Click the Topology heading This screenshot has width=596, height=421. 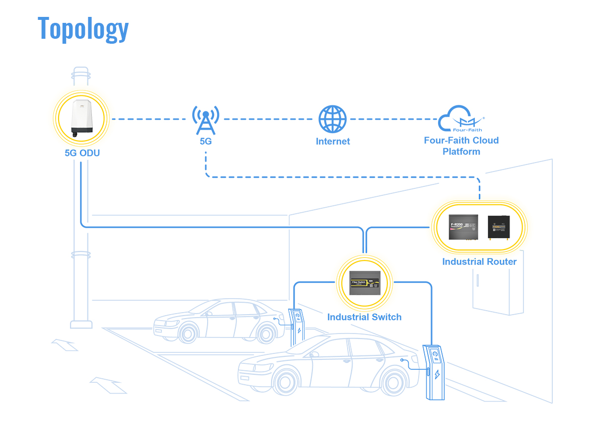(x=83, y=28)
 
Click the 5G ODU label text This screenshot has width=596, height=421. (x=82, y=153)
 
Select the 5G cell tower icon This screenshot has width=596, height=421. (x=206, y=120)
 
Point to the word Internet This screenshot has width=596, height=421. (x=333, y=142)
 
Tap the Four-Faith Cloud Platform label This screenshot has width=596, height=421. (x=461, y=146)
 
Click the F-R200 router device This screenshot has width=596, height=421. (x=463, y=227)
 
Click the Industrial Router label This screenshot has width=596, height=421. (x=479, y=261)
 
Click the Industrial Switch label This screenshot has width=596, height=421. (x=364, y=317)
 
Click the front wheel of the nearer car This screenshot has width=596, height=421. (x=285, y=383)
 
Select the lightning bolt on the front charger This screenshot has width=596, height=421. (x=437, y=374)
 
